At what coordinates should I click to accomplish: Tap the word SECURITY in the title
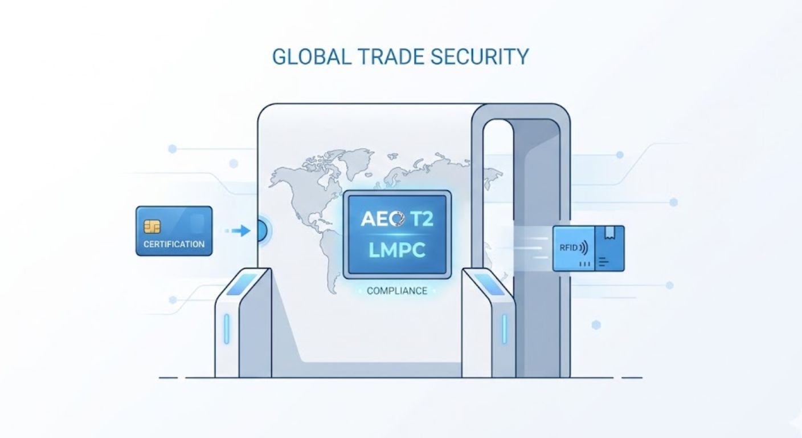[489, 57]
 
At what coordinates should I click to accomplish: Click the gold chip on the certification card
[152, 226]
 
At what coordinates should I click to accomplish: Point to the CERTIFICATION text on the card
[174, 244]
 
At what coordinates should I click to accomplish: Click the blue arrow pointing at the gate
[242, 230]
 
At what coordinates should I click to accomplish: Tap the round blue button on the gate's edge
[263, 231]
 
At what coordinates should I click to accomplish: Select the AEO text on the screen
[379, 220]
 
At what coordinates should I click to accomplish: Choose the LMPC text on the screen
[397, 250]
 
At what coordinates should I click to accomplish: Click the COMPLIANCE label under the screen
[396, 291]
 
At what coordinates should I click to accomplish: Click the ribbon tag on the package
[609, 232]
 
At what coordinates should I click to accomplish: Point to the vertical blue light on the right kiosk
[504, 329]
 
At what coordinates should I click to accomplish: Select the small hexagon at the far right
[596, 325]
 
